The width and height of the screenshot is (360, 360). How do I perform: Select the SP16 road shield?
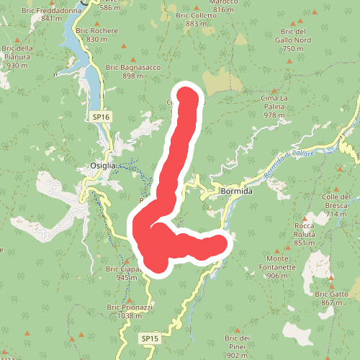(x=101, y=117)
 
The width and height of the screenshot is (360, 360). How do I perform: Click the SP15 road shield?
(x=149, y=338)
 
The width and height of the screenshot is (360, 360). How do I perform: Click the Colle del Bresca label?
(x=336, y=205)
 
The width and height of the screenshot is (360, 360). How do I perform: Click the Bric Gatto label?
(x=335, y=298)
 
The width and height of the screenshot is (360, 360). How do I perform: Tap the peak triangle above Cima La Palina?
(x=274, y=86)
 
